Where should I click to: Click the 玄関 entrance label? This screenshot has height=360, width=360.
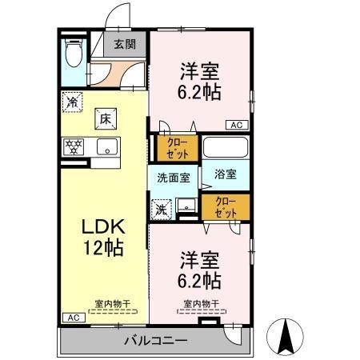click(x=124, y=45)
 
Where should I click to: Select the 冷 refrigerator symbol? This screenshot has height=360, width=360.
click(x=73, y=102)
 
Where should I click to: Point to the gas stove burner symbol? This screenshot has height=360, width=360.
click(x=74, y=147)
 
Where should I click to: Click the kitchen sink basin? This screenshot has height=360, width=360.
click(x=106, y=147)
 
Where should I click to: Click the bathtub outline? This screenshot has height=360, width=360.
click(x=225, y=148)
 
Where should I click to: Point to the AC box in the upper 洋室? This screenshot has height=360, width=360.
click(x=237, y=125)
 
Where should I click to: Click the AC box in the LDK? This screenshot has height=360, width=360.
click(x=73, y=318)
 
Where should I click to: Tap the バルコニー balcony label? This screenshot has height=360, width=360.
click(x=155, y=341)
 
